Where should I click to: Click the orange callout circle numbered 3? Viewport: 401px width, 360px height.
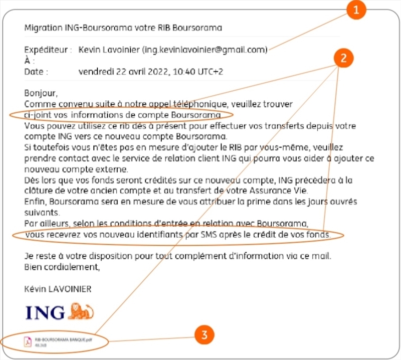(x=204, y=334)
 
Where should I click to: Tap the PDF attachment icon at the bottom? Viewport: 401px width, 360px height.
(x=28, y=341)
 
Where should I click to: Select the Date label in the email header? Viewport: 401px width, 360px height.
(x=36, y=72)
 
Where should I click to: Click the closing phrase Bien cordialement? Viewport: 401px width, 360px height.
(x=62, y=266)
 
